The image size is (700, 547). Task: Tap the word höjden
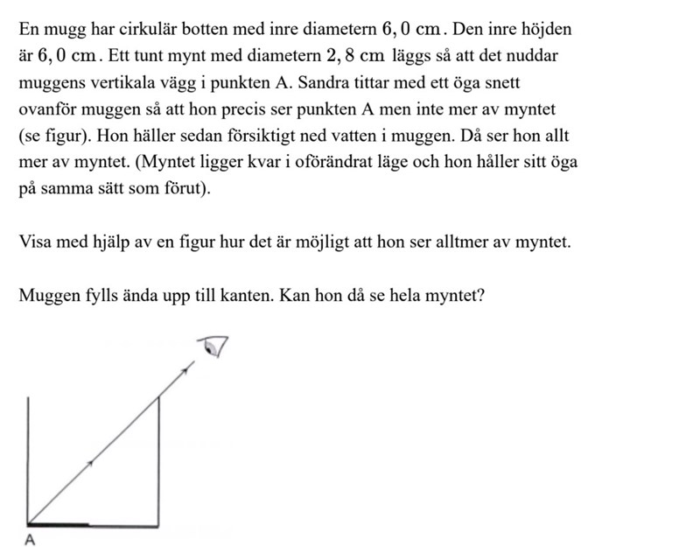(x=546, y=29)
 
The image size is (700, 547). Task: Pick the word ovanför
(x=45, y=111)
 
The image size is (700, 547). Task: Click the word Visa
(x=33, y=242)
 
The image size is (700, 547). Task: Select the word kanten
(x=246, y=295)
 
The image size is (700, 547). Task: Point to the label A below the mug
(x=30, y=540)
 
